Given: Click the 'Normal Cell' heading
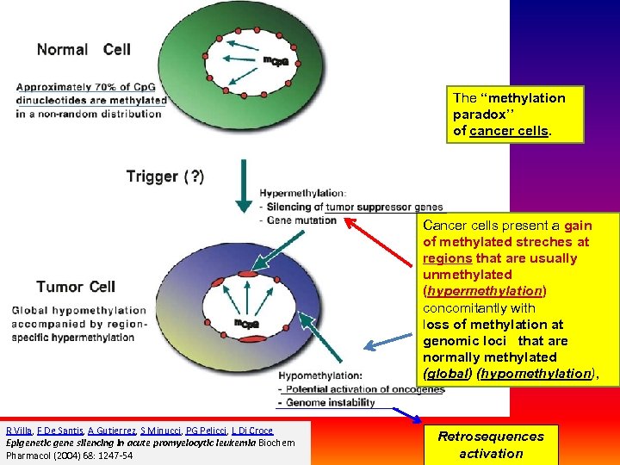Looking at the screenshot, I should (x=84, y=49).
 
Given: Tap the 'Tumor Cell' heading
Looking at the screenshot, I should (x=76, y=287).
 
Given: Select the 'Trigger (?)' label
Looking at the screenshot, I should (x=165, y=177).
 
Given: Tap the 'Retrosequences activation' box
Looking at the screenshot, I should (x=491, y=444).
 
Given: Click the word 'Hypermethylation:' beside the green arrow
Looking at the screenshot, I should (x=302, y=193).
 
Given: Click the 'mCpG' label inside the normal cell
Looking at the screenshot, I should (x=275, y=60).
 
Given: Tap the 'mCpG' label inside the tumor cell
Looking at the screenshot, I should (x=246, y=324).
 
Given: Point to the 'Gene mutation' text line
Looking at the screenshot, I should (x=301, y=220).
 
